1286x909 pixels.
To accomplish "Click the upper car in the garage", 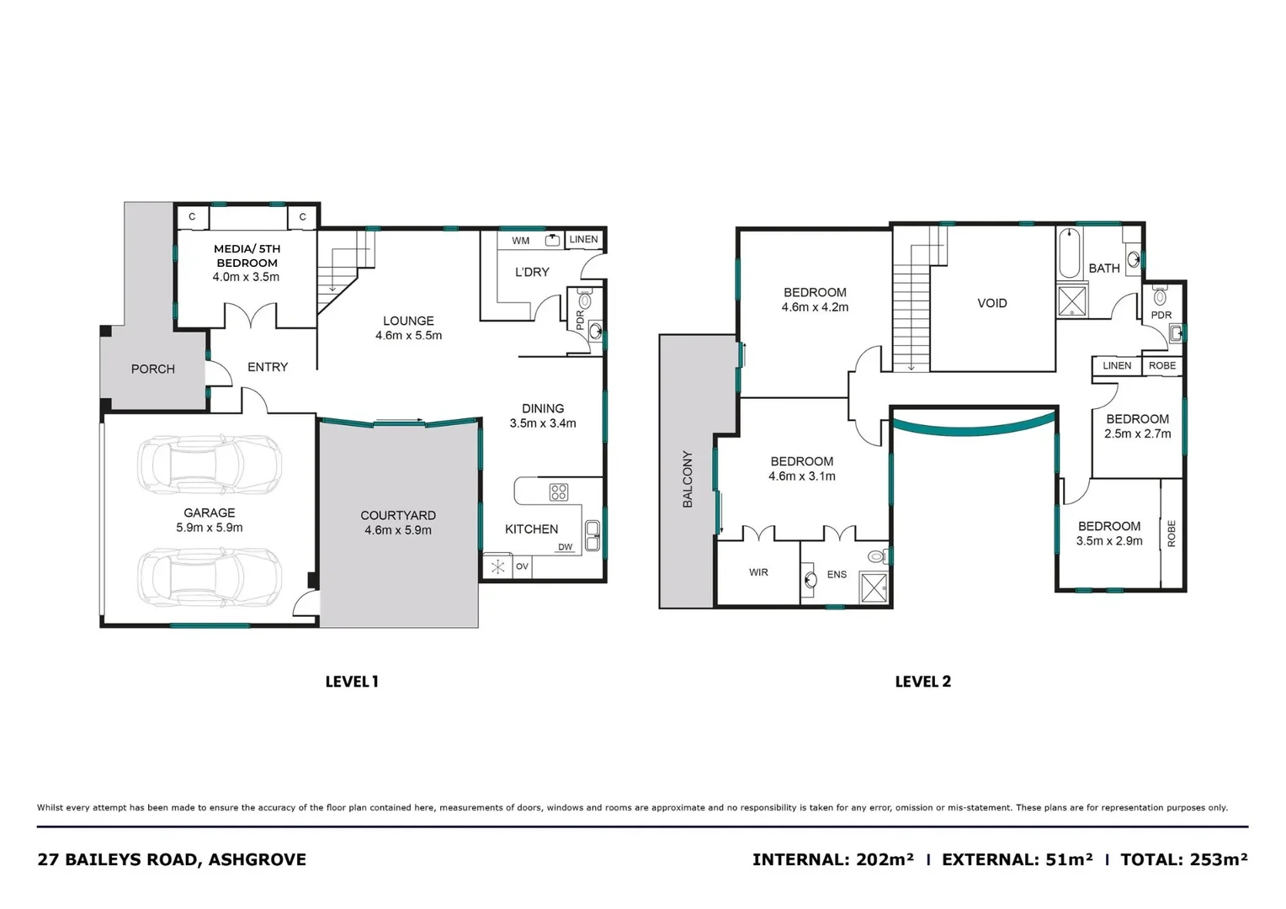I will [x=210, y=464].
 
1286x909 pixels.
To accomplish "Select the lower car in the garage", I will [x=210, y=577].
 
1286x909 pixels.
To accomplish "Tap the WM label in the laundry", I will [x=521, y=241].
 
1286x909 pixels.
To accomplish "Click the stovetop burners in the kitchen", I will [x=559, y=492].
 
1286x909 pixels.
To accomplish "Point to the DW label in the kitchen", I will [x=565, y=547].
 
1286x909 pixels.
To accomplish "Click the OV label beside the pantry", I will [x=522, y=566].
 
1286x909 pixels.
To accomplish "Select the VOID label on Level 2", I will [x=991, y=303].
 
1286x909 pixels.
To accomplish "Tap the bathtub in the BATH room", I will [x=1069, y=253].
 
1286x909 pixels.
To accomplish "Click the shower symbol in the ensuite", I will [x=874, y=587].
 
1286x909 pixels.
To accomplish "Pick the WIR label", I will [x=758, y=572].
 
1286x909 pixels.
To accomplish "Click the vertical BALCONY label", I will [x=688, y=479].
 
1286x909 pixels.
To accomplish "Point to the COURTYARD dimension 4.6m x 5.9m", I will [x=398, y=530].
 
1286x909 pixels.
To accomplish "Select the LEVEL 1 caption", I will [x=352, y=682].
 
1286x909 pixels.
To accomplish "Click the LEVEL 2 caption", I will [x=922, y=682].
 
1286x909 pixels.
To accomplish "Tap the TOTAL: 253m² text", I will [x=1183, y=859].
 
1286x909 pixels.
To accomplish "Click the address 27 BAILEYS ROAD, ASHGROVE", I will [x=172, y=859].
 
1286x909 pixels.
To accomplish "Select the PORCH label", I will [x=153, y=369].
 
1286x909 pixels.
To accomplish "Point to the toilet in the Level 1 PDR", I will [x=585, y=300].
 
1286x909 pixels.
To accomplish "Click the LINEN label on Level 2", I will [x=1117, y=365].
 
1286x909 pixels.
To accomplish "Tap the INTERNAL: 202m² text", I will [x=832, y=859].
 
